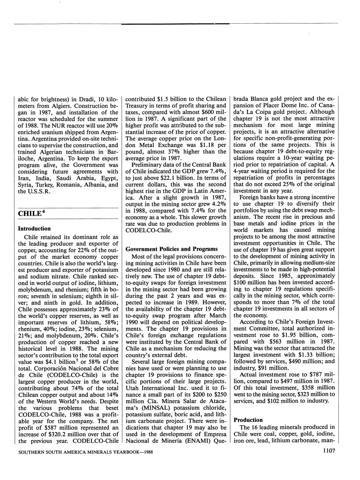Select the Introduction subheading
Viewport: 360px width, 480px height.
[x=34, y=229]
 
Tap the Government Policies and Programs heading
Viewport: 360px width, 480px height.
[x=171, y=249]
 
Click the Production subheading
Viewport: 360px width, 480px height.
[x=248, y=420]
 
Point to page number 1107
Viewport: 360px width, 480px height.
[x=329, y=451]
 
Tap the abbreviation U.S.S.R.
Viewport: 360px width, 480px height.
[x=40, y=191]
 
